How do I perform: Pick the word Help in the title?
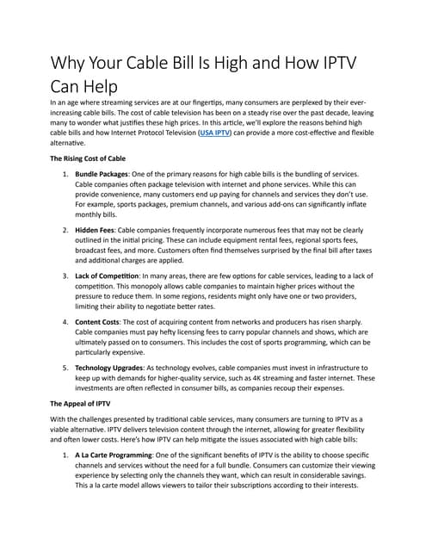pyautogui.click(x=96, y=88)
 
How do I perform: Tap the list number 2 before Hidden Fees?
pyautogui.click(x=65, y=231)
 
